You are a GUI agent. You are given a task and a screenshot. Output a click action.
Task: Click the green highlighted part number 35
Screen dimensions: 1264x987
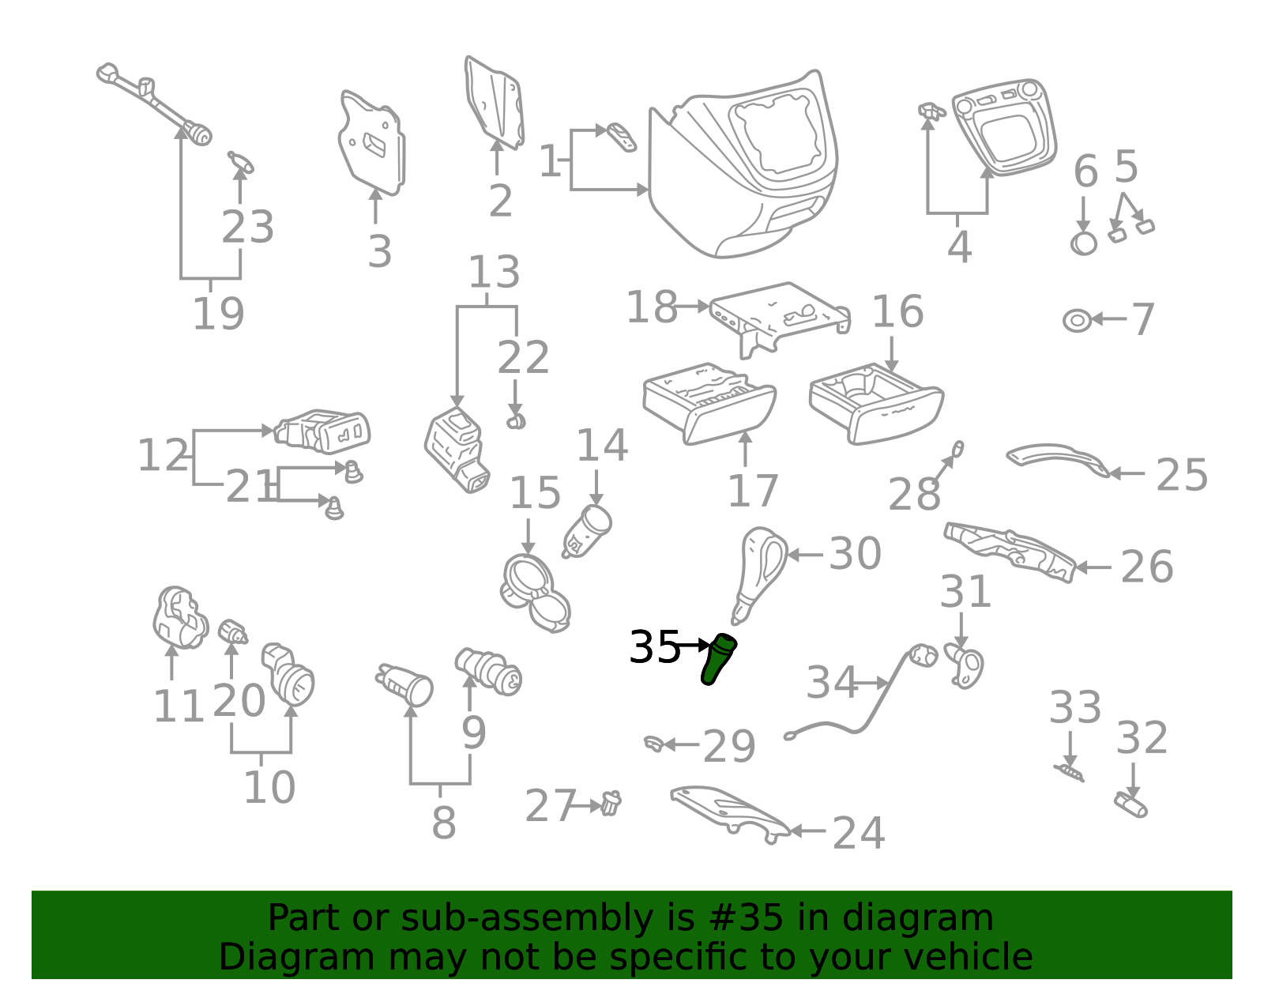(718, 659)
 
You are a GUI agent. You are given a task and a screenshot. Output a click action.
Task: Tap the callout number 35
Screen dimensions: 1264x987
(654, 646)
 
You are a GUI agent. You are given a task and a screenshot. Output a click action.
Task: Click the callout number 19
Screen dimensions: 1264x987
(218, 314)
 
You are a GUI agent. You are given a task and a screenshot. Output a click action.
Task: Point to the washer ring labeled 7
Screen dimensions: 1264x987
(1077, 321)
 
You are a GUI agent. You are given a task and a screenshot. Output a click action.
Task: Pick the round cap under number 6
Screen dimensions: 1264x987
(1084, 243)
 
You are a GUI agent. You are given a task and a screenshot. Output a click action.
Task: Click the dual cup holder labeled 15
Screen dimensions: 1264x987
(535, 593)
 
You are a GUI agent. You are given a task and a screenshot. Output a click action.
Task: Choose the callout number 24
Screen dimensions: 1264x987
(859, 833)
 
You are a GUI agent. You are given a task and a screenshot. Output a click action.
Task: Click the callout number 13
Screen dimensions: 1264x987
(494, 272)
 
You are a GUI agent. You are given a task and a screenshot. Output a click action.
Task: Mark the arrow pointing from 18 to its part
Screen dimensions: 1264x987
(691, 306)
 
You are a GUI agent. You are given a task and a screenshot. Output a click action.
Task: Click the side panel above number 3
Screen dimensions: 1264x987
(372, 142)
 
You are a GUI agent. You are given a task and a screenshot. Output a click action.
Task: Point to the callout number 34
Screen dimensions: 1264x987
(832, 682)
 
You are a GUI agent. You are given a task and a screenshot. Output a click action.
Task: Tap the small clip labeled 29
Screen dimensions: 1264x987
(654, 744)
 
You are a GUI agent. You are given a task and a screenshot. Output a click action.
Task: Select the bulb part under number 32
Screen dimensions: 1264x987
(1130, 805)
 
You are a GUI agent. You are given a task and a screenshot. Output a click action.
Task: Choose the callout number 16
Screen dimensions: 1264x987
(897, 311)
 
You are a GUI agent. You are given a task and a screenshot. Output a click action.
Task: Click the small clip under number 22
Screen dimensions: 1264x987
(515, 421)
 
